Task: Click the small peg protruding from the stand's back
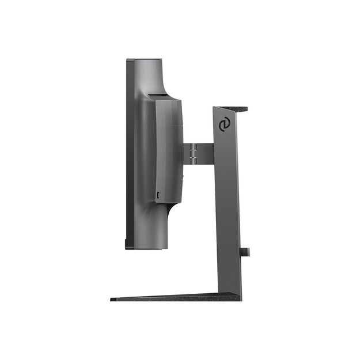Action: tap(245, 251)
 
